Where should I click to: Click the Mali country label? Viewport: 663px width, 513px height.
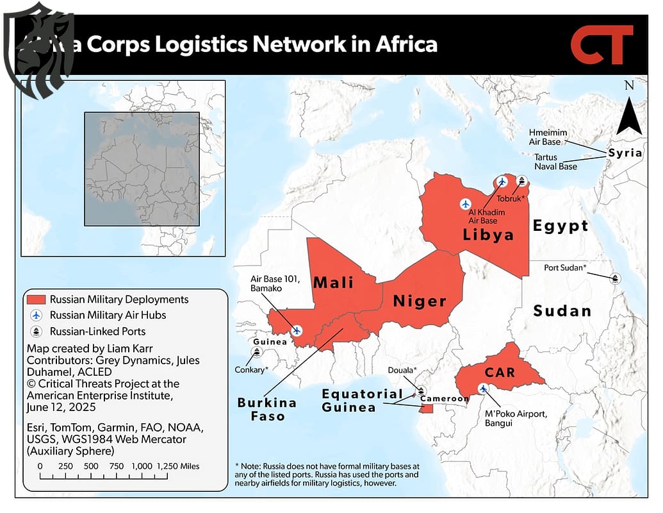[333, 282]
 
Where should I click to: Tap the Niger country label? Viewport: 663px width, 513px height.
[420, 301]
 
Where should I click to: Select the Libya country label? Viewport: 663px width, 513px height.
[488, 235]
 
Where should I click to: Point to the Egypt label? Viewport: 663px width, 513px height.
[561, 226]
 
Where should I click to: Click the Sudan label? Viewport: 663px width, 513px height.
[562, 311]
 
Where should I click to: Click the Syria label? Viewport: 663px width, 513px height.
[625, 153]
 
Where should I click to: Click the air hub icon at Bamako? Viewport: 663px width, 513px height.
[297, 330]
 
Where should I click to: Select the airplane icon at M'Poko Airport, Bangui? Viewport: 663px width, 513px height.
[483, 388]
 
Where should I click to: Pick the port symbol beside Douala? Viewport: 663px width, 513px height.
[422, 389]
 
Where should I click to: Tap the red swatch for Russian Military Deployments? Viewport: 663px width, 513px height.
[36, 299]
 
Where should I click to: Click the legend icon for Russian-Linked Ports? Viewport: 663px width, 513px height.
[36, 332]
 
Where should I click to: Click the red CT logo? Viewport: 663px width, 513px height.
[602, 45]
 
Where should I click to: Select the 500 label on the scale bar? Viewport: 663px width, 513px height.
[91, 466]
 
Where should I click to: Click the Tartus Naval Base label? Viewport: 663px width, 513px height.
[555, 162]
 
